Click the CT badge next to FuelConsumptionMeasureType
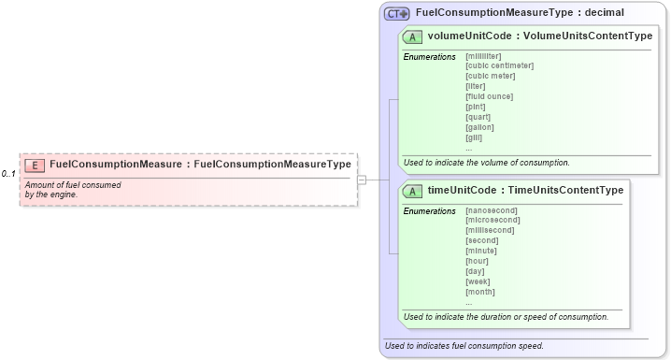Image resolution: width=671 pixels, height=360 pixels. point(397,13)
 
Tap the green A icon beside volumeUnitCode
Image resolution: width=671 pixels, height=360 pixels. point(412,36)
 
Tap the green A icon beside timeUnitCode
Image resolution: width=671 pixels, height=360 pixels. point(412,191)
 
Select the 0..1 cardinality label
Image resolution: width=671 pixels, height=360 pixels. point(8,174)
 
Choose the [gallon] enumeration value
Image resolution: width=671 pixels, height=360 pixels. point(480,127)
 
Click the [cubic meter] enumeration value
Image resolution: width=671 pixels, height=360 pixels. point(490,76)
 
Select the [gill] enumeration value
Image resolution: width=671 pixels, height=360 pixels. point(474,137)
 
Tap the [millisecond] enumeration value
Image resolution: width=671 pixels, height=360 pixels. point(490,230)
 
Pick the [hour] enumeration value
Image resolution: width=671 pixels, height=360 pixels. point(478,261)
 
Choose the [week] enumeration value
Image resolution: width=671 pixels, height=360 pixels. point(478,281)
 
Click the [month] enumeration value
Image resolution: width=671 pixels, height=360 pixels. point(480,292)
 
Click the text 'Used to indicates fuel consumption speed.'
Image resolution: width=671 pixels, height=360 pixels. point(464,345)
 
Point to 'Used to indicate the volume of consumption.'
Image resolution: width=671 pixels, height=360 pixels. point(487,163)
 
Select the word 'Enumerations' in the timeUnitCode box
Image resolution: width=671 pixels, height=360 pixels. point(429,210)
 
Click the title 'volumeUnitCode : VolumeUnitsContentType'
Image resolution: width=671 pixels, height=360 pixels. point(539,36)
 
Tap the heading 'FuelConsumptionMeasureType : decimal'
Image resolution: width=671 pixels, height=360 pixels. point(519,13)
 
